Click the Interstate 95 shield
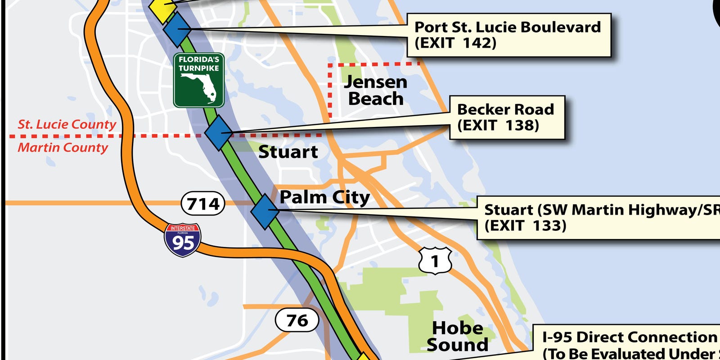coord(183,240)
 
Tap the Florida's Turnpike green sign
coord(199,80)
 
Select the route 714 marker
coord(203,204)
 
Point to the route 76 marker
coord(297,320)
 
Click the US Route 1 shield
coord(435,261)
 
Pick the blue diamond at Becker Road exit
coord(219,132)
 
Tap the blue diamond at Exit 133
coord(265,211)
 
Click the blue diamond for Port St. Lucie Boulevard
coord(177,30)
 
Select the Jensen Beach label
coord(376,90)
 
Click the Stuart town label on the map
coord(288,152)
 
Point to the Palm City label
coord(324,197)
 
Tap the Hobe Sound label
coord(457,336)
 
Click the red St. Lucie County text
coord(67,125)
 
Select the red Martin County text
coord(63,148)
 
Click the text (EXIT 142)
coord(455,43)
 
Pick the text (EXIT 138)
coord(498,125)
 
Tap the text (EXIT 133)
coord(525,225)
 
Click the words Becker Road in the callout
coord(505,109)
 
